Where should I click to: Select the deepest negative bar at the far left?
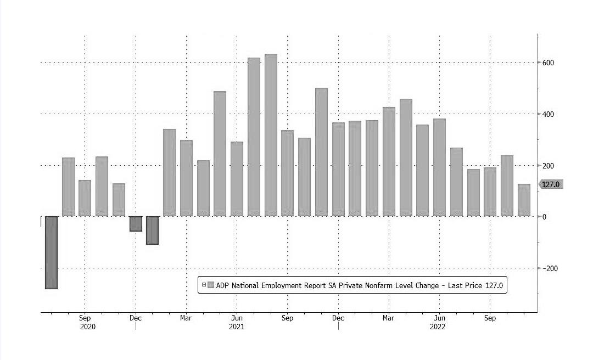[51, 252]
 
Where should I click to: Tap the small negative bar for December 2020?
[136, 224]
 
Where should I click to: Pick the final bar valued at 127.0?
[524, 200]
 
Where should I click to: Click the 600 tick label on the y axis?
[549, 63]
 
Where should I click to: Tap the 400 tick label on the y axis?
[549, 114]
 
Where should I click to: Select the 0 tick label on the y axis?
[545, 217]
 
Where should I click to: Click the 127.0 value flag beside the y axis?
[551, 184]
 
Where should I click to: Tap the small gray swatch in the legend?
[211, 285]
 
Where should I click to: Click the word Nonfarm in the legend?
[384, 285]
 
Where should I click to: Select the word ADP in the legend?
[222, 285]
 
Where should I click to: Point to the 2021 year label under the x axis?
[237, 327]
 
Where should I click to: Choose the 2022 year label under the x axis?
[438, 327]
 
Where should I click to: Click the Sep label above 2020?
[85, 318]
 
